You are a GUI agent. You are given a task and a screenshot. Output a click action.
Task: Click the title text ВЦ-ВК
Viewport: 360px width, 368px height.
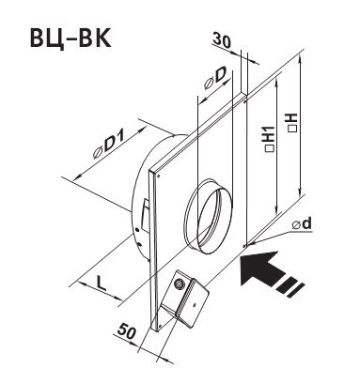70,38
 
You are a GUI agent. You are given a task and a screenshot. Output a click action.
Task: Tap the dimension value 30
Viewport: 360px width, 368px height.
222,40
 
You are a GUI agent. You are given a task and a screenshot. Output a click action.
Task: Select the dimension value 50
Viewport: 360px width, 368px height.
126,331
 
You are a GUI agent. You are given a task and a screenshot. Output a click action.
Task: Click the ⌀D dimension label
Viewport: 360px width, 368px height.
215,78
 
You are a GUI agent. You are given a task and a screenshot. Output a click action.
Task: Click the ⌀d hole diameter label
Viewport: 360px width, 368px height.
302,223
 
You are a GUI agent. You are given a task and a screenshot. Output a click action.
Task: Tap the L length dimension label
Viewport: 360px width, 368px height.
101,284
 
